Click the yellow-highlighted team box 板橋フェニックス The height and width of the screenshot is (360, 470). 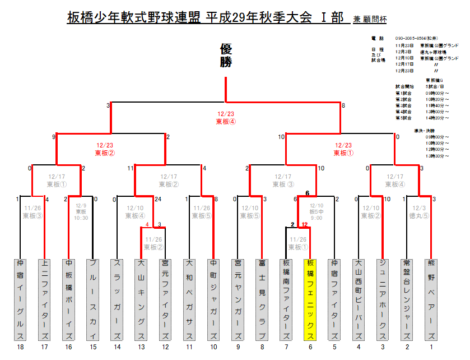[310, 299]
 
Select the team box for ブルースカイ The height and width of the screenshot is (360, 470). [93, 299]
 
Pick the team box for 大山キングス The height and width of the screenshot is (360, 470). [141, 299]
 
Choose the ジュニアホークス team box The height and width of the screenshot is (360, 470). [382, 299]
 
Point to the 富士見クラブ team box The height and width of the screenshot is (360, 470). [262, 299]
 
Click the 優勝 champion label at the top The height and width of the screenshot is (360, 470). [226, 56]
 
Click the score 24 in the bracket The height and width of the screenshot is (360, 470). [158, 199]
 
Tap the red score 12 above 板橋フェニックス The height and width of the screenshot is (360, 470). [304, 225]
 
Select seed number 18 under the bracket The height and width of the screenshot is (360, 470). [20, 348]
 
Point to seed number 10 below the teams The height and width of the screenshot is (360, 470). [213, 348]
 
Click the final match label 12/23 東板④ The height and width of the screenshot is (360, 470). [226, 117]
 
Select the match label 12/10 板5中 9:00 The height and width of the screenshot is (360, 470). [317, 211]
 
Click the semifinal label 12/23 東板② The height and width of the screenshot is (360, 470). [105, 148]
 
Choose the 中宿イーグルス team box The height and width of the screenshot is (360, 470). [20, 299]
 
